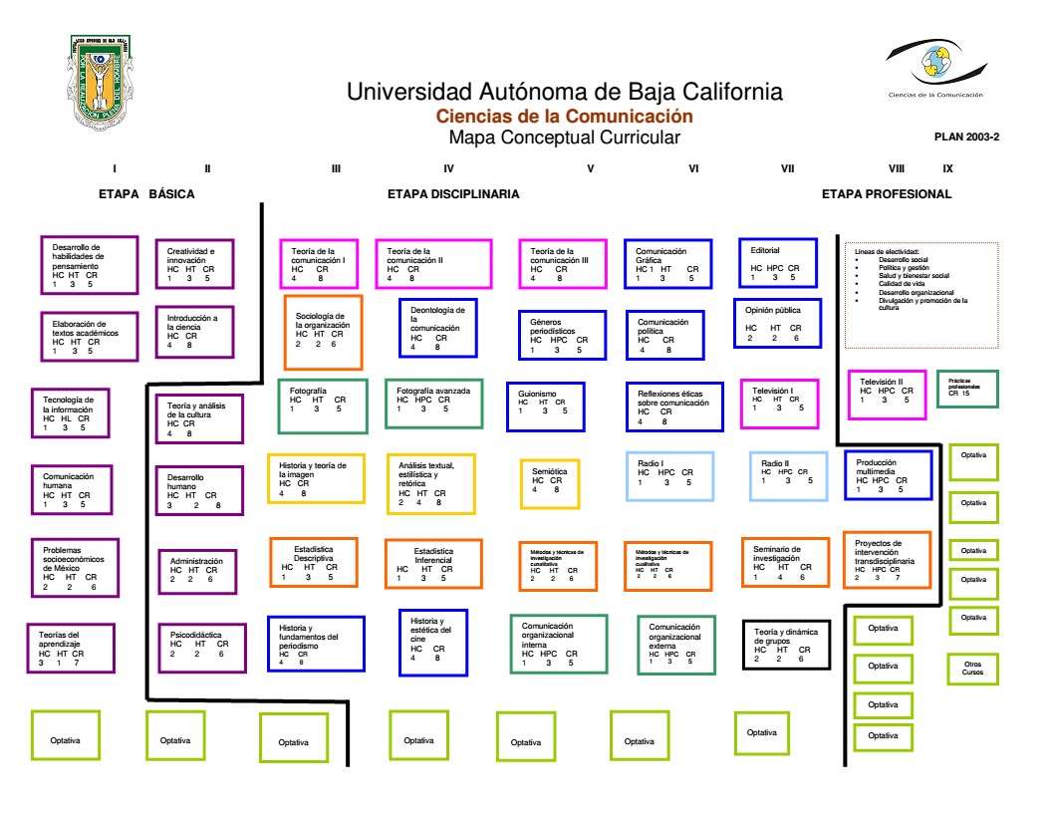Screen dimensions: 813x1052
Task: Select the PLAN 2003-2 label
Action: coord(966,137)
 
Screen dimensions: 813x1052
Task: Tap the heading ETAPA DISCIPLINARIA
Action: coord(453,194)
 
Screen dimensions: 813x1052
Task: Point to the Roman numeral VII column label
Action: coord(787,168)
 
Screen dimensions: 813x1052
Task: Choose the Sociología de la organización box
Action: coord(323,332)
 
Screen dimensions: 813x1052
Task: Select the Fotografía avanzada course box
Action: coord(433,403)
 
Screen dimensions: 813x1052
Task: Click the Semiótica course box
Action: coord(549,483)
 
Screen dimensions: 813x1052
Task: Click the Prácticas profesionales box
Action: coord(967,389)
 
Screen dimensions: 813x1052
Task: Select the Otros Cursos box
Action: coord(972,668)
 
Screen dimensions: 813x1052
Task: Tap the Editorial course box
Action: coord(777,262)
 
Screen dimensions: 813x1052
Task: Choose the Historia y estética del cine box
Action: coord(432,642)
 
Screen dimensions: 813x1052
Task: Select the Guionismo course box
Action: coord(545,406)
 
